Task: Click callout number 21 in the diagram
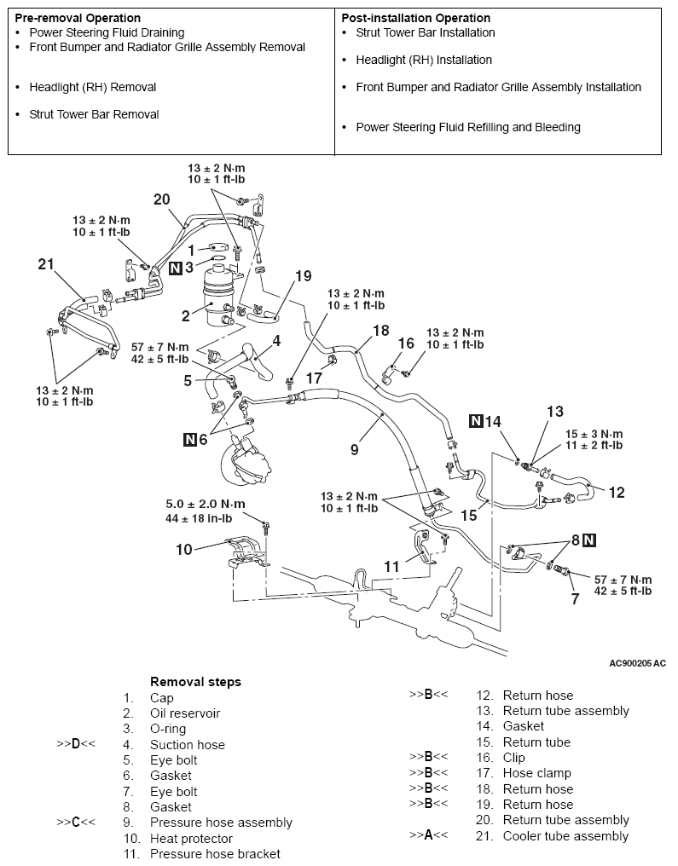pyautogui.click(x=46, y=265)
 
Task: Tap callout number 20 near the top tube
pyautogui.click(x=162, y=199)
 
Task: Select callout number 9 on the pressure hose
pyautogui.click(x=354, y=447)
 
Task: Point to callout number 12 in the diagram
pyautogui.click(x=617, y=492)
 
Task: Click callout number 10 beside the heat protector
pyautogui.click(x=184, y=550)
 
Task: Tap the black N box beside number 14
pyautogui.click(x=476, y=420)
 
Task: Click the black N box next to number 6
pyautogui.click(x=190, y=439)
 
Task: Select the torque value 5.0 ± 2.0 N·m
pyautogui.click(x=206, y=504)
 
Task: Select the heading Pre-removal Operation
pyautogui.click(x=78, y=18)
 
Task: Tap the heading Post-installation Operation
pyautogui.click(x=415, y=18)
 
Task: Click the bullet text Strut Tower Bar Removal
pyautogui.click(x=94, y=114)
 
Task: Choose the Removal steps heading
pyautogui.click(x=195, y=682)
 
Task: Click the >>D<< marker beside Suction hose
pyautogui.click(x=76, y=744)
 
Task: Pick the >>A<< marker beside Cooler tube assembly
pyautogui.click(x=428, y=835)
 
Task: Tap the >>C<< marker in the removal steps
pyautogui.click(x=76, y=823)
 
